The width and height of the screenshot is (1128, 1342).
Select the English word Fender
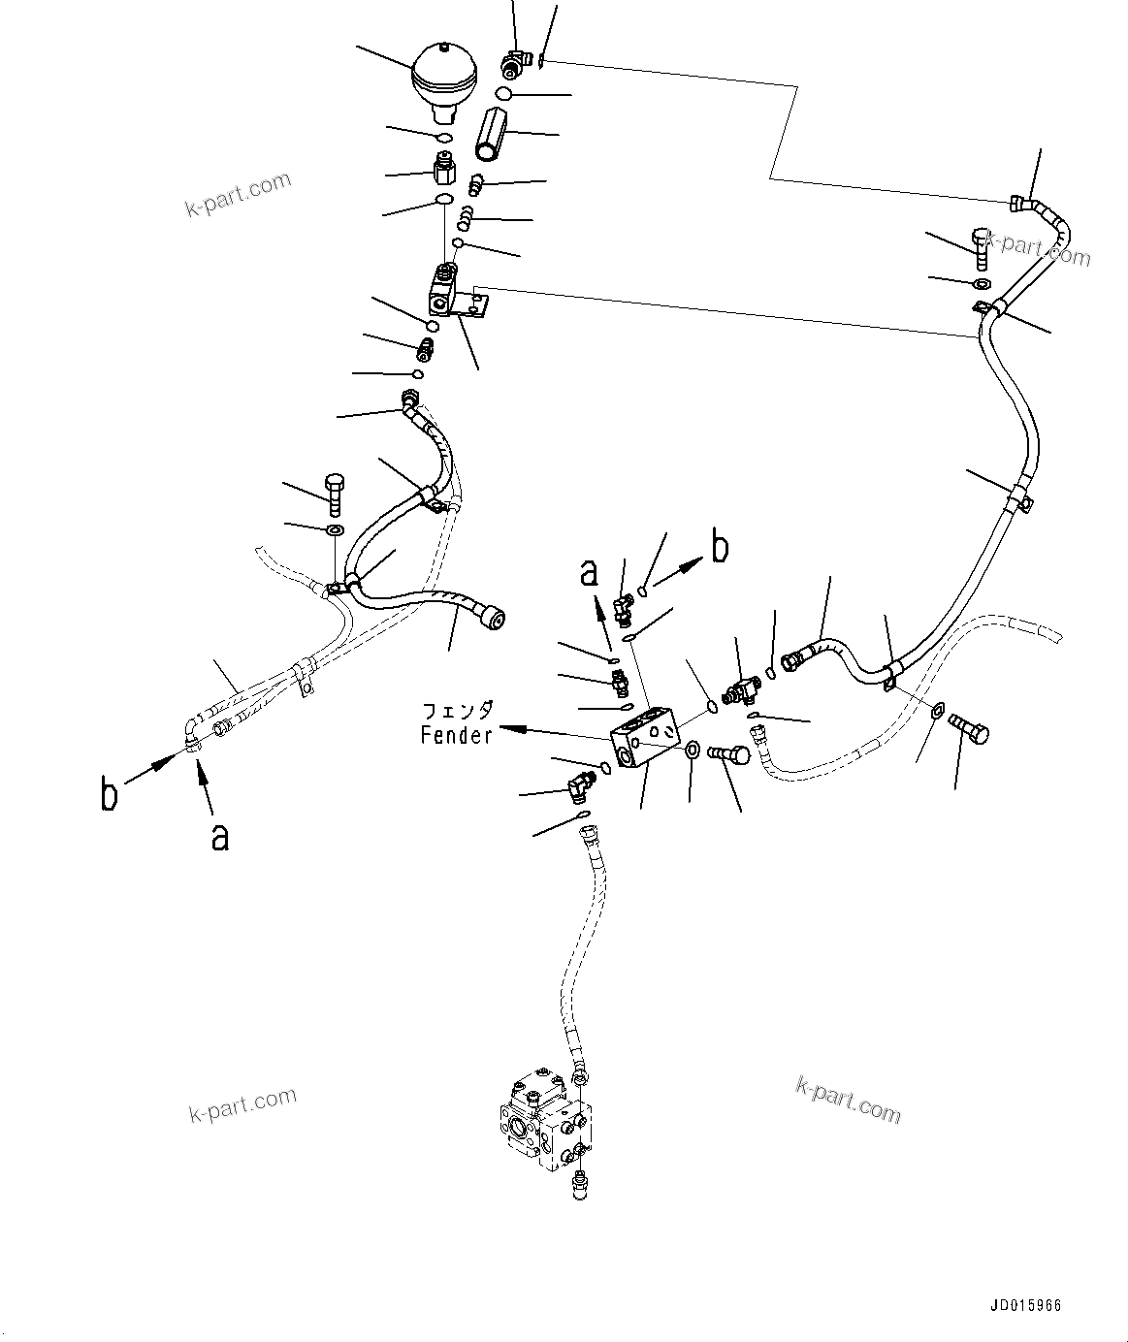[x=456, y=735]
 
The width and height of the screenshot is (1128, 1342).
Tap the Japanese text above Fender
[x=457, y=711]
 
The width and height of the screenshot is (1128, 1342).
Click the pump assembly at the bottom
[x=544, y=1125]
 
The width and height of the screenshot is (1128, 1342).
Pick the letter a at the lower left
[x=220, y=836]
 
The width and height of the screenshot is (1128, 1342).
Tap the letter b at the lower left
[x=110, y=793]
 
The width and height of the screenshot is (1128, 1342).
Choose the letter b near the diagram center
[x=720, y=548]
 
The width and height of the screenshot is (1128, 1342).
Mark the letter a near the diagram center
[x=590, y=574]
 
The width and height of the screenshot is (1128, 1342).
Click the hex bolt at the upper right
[x=980, y=248]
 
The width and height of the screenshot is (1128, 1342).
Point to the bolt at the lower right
[x=970, y=726]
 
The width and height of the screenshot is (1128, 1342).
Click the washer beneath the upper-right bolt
[x=981, y=284]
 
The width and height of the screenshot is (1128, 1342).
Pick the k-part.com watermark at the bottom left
[x=242, y=1104]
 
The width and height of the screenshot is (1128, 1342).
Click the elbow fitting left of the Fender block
[x=582, y=782]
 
